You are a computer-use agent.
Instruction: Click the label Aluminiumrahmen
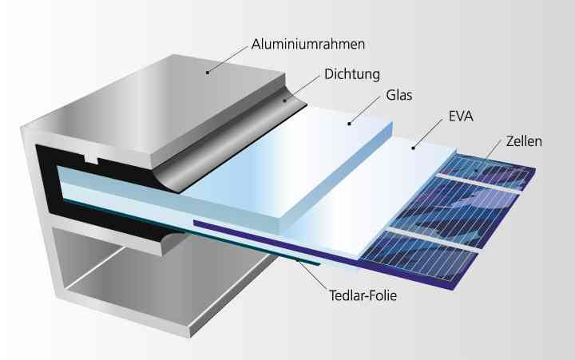[308, 45]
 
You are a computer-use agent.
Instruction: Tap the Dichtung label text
[352, 74]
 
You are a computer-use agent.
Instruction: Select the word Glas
[399, 95]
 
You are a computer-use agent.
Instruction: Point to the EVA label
[461, 117]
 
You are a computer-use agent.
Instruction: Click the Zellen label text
[524, 141]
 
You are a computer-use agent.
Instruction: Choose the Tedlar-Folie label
[363, 295]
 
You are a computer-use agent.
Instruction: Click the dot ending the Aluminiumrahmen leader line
[208, 73]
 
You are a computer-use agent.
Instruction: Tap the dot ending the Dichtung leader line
[284, 100]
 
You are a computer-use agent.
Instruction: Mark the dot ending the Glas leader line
[350, 124]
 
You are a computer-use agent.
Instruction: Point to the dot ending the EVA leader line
[414, 148]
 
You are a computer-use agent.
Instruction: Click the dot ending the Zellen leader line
[476, 170]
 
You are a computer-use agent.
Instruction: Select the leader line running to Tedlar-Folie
[311, 275]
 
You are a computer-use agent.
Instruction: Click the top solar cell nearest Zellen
[488, 172]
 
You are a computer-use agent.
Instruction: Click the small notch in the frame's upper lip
[92, 160]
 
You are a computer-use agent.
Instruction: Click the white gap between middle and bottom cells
[433, 239]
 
